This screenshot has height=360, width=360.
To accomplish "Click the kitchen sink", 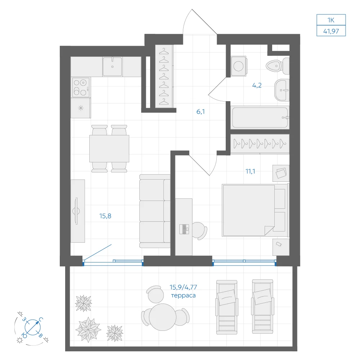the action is coord(112,67).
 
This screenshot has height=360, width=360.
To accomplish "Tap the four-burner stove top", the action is coord(81,87).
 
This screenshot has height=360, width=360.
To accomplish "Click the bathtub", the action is coord(260,118).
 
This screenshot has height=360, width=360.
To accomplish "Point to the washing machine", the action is coord(239,66).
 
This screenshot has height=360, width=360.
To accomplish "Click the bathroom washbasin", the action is coord(282,90).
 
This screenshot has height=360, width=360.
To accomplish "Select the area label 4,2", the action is coord(257,85).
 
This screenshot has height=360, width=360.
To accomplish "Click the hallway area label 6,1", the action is coord(201,112).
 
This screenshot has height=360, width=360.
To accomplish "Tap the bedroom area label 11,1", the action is coord(250,171).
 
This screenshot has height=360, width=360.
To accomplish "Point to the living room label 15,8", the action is coord(105,216).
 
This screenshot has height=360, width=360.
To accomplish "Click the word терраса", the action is coord(183,296).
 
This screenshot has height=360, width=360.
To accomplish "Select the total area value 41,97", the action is coord(331,31).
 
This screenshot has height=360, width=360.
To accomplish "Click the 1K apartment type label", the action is coord(331,20).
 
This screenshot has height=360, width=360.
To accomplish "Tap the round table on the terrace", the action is coord(163,317).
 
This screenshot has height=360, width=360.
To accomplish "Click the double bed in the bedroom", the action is coord(255,210).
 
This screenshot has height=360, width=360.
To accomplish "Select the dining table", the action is coord(109,149).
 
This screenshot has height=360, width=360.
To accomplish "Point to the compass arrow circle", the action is coord(33,327).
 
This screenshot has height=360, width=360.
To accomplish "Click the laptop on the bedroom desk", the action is coord(184,229).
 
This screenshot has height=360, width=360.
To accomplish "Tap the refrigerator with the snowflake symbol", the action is coord(81,108).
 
